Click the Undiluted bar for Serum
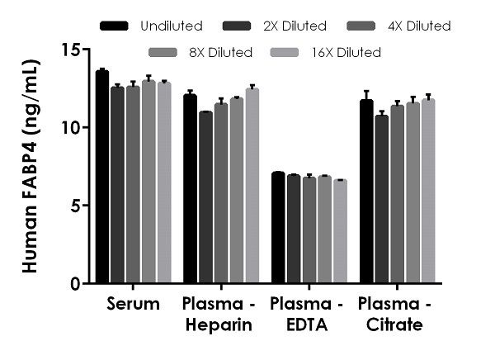[102, 178]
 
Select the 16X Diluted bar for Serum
[163, 182]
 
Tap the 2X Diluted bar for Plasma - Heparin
[205, 197]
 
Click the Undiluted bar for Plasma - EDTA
[278, 228]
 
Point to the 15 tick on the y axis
[85, 50]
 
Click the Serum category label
[133, 304]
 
